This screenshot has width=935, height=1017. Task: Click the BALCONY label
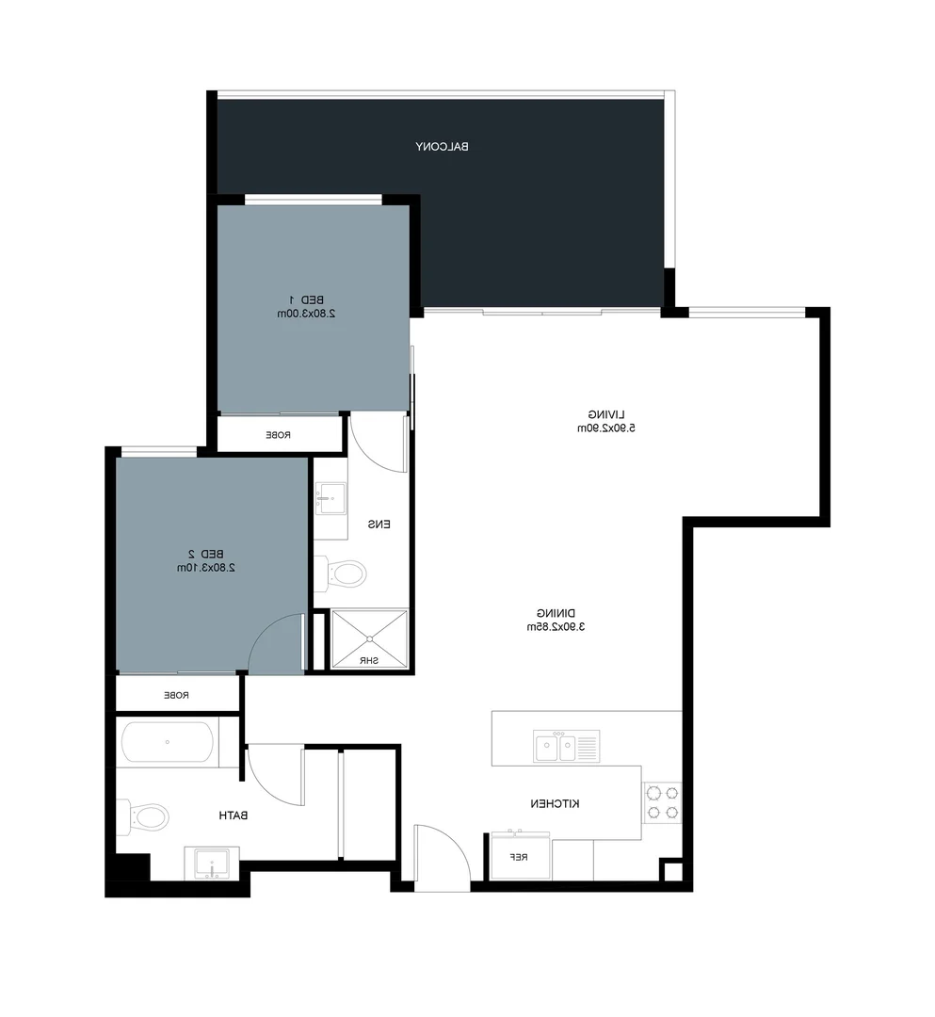442,146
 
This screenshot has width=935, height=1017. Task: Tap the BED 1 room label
307,299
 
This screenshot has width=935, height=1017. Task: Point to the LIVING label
606,414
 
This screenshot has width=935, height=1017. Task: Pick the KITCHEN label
554,803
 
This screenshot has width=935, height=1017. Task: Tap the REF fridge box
519,857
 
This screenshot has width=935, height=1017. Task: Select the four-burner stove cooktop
662,801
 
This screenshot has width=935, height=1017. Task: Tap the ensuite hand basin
330,497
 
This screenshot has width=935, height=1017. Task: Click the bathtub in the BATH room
167,742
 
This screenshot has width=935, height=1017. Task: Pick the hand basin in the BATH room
211,862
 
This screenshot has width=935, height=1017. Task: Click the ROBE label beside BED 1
278,435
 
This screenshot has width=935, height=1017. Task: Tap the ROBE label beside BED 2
177,695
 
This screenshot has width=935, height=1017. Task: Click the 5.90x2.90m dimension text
606,428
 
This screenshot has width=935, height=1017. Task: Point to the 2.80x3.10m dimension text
205,568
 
